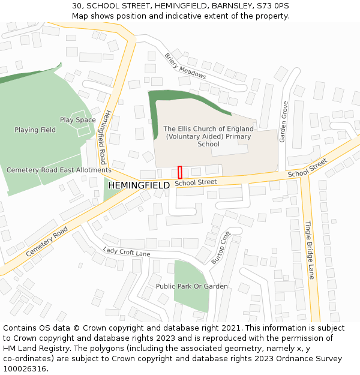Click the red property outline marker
[179, 172]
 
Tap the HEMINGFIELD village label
[139, 185]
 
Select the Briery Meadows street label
[185, 66]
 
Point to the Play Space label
[77, 120]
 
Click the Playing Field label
[35, 130]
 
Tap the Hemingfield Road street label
[106, 137]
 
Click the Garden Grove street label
[284, 121]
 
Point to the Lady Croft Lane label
[126, 252]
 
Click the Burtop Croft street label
[221, 247]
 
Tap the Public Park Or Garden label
[191, 286]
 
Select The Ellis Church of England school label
[208, 136]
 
